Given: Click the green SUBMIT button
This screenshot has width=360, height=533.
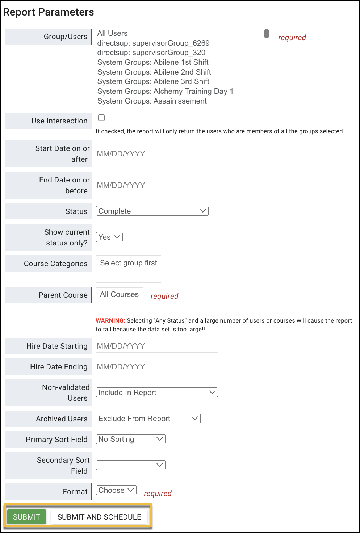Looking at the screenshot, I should click(x=26, y=517).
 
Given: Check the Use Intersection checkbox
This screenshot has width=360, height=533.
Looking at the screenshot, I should click(x=101, y=118).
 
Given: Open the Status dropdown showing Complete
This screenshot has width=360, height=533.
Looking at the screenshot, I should click(x=152, y=211).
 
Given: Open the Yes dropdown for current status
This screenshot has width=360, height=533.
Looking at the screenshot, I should click(x=109, y=237).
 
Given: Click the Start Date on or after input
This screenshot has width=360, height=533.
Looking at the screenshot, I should click(x=156, y=154).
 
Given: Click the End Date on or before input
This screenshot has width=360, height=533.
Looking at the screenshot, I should click(x=156, y=185).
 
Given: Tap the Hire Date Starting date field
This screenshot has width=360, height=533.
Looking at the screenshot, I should click(x=156, y=346).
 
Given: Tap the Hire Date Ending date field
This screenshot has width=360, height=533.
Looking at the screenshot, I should click(x=156, y=367).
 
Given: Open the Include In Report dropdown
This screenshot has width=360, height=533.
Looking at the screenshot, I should click(x=157, y=393).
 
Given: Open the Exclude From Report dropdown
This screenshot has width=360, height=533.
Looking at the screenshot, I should click(x=148, y=419).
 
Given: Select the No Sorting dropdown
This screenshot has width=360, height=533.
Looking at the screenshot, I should click(x=131, y=439).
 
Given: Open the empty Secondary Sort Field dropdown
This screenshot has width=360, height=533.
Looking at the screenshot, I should click(x=131, y=465).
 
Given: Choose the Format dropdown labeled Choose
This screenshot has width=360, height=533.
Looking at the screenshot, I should click(x=116, y=490).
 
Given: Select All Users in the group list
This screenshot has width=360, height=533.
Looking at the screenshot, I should click(x=113, y=34).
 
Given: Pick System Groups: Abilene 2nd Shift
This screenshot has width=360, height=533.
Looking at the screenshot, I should click(x=154, y=72).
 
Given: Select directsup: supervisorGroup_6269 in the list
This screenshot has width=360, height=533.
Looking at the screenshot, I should click(x=154, y=43).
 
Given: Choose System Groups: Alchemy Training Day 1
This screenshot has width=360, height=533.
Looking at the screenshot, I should click(x=165, y=91).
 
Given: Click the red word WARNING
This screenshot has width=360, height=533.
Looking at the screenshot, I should click(x=110, y=320).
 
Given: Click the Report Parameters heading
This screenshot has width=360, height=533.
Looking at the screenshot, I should click(x=49, y=12).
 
